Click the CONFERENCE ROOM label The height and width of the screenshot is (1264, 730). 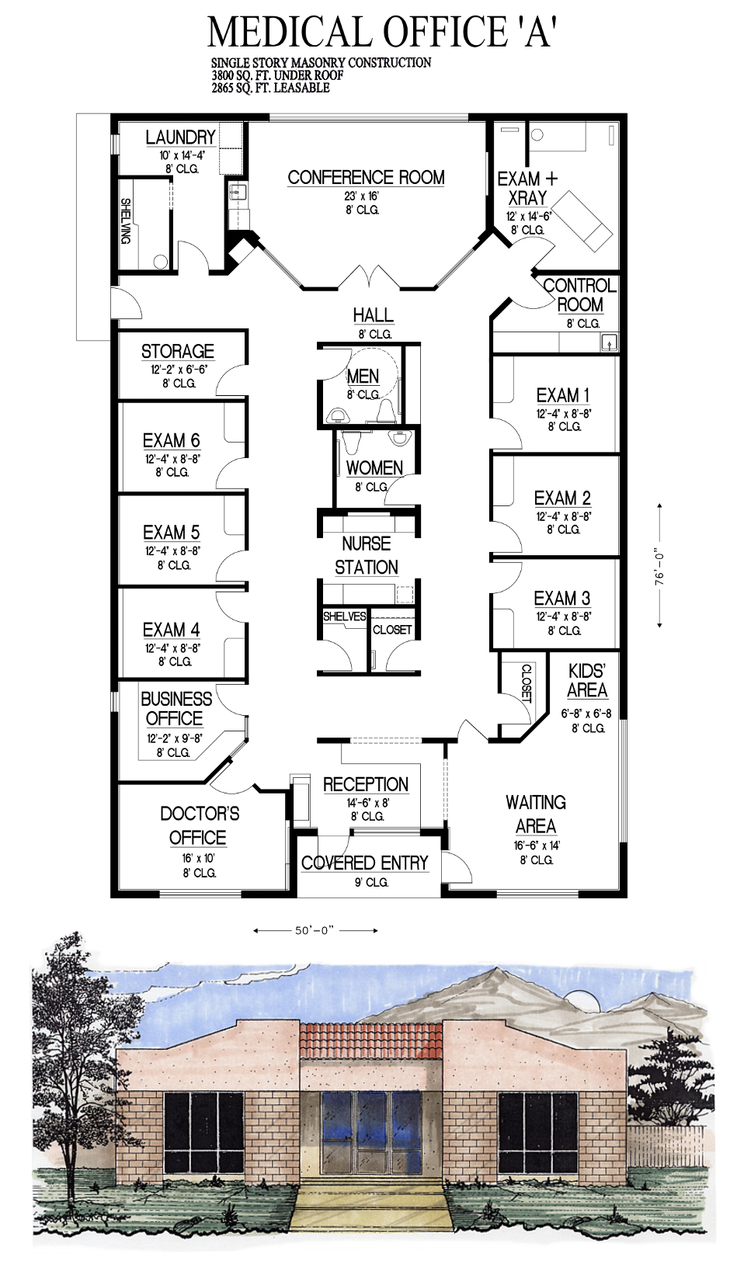366,177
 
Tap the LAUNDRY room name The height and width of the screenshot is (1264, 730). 181,137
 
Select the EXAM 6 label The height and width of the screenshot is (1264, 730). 171,440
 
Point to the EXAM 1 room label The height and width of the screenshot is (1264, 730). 563,395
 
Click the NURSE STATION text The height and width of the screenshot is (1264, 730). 367,555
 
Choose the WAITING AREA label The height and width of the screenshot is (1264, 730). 536,814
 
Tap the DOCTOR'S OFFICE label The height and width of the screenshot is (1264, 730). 200,825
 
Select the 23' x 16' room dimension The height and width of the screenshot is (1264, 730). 361,196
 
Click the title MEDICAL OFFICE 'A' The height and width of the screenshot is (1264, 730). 382,32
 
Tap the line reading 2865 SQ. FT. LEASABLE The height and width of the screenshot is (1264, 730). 270,88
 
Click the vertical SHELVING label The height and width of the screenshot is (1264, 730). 126,221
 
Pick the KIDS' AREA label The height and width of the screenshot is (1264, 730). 587,681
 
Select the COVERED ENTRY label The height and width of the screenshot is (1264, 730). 365,863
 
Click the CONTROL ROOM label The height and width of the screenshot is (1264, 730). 580,294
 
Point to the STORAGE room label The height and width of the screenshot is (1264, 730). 177,351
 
